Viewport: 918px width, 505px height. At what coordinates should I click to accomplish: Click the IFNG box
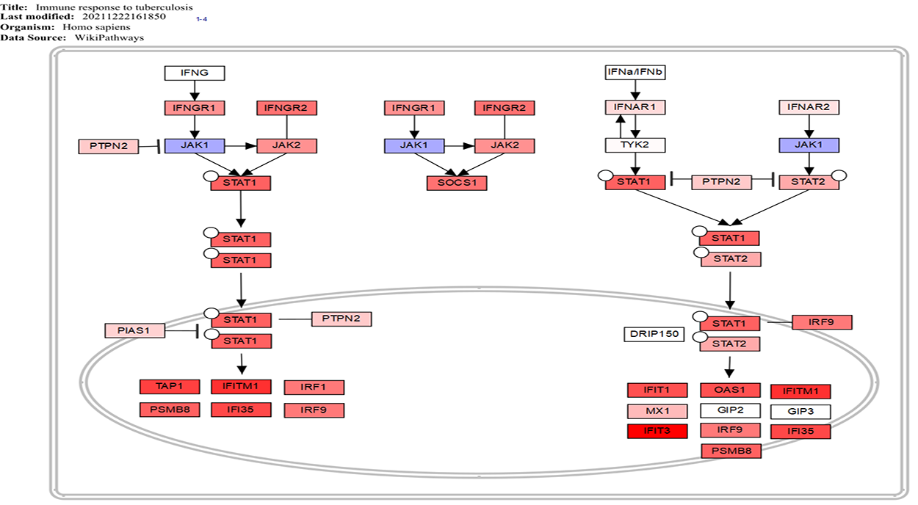(194, 73)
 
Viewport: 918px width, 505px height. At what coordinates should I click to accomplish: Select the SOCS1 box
(457, 183)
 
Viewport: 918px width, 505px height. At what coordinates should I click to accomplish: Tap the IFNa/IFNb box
(635, 72)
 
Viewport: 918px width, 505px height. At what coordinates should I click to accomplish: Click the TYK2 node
(635, 145)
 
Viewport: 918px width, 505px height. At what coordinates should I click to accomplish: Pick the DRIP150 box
(654, 335)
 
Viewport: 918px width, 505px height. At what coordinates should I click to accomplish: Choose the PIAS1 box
(135, 331)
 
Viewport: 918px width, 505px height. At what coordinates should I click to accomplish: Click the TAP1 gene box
(170, 386)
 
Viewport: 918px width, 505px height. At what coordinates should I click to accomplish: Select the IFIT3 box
(657, 431)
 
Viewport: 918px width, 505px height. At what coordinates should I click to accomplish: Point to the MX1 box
(657, 411)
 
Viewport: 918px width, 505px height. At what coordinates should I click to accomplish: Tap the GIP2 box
(729, 410)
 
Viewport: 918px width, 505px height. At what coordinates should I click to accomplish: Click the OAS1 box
(729, 390)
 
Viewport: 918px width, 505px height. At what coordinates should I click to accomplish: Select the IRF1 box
(314, 387)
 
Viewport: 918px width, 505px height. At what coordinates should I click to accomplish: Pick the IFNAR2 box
(809, 108)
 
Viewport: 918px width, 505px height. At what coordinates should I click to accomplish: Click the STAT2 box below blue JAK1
(809, 181)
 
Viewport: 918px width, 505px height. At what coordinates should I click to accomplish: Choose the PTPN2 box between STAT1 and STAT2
(721, 181)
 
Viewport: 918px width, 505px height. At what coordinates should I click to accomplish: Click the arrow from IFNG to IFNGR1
(195, 90)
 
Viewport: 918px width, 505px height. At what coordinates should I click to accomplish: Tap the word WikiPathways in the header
(118, 37)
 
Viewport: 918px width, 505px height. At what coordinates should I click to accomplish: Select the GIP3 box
(800, 412)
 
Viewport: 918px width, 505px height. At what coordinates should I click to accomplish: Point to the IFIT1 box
(657, 390)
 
